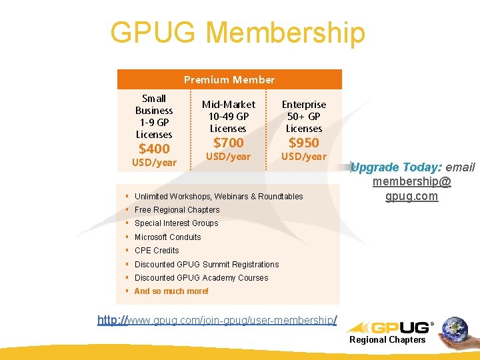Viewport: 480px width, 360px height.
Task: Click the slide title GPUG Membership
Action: (238, 32)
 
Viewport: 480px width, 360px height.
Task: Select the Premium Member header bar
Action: (229, 80)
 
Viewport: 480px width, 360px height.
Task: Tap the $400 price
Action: (154, 149)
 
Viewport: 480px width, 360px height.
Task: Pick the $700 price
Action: (228, 143)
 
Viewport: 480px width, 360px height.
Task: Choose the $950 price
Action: (303, 143)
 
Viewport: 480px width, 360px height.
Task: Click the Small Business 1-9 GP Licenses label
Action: (154, 117)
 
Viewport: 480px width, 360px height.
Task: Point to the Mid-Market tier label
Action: (228, 105)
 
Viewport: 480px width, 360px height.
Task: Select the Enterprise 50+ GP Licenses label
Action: (304, 117)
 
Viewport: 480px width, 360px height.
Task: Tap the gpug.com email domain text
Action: (411, 196)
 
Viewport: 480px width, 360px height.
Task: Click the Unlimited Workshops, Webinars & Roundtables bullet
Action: (219, 197)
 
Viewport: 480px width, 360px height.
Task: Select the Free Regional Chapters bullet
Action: (177, 210)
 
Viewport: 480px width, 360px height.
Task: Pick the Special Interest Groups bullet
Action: (176, 223)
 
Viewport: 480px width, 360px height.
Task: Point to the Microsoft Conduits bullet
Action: (167, 237)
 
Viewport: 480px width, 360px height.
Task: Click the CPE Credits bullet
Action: (157, 251)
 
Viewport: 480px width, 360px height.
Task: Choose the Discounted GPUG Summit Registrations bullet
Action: (207, 265)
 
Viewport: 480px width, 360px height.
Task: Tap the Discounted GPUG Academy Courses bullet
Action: (201, 278)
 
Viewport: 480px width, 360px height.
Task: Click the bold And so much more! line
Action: (171, 291)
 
